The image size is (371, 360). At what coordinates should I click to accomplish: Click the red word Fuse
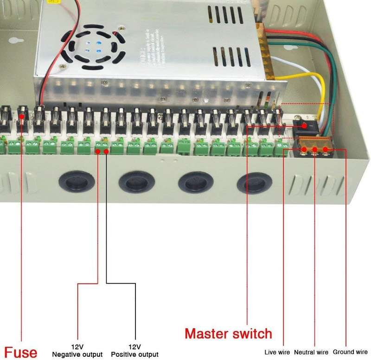click(21, 351)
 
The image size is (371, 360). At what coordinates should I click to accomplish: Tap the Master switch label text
click(228, 334)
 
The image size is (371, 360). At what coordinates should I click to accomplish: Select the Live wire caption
click(277, 353)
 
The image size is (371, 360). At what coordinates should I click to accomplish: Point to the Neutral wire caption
click(311, 353)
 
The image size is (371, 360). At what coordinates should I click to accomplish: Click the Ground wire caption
click(350, 352)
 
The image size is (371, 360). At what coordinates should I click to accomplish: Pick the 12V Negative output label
click(77, 351)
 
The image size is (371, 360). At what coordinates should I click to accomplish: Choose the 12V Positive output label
click(134, 351)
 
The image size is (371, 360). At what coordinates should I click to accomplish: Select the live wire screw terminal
click(304, 150)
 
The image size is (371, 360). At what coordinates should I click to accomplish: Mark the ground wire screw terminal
click(326, 150)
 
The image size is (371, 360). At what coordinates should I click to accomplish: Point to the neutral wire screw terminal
click(315, 150)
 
